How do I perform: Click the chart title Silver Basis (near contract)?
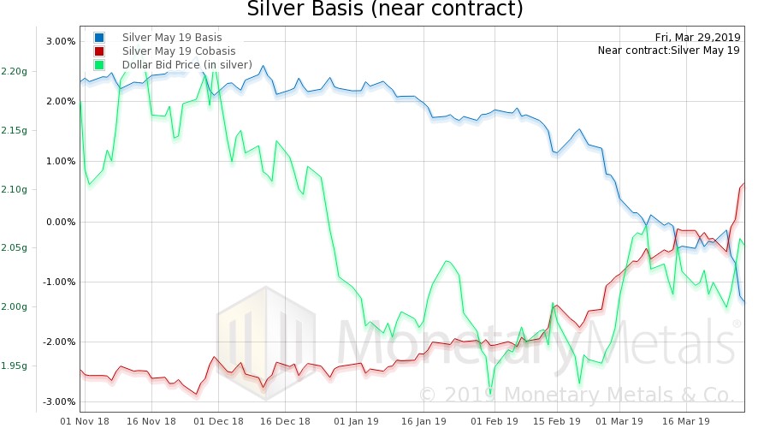384,10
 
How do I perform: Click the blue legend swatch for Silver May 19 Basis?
100,38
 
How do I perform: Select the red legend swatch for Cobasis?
100,51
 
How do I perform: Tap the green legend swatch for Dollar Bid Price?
100,64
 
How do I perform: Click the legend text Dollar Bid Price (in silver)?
187,64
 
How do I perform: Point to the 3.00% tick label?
61,41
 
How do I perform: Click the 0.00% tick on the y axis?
61,222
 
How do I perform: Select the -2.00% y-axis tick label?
59,342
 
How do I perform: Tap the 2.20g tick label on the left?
14,71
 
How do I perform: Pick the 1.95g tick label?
14,366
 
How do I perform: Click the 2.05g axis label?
14,248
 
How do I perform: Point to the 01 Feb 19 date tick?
494,421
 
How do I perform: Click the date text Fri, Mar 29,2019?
698,37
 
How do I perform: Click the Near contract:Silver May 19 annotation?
669,50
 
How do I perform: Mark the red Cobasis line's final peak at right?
743,184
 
